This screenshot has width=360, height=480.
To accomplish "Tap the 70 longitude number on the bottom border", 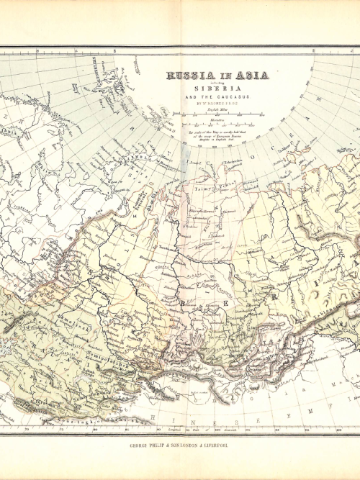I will tap(27, 430).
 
